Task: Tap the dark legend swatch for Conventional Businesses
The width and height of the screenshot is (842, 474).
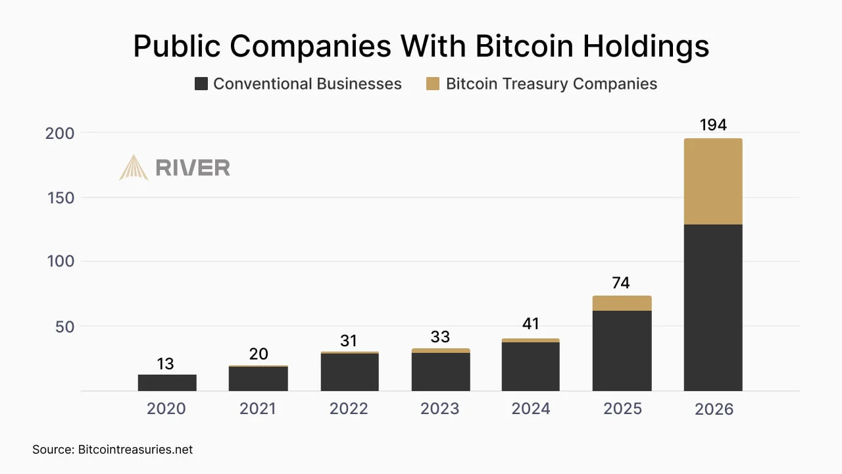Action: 201,84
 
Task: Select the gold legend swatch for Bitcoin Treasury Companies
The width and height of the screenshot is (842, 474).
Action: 432,84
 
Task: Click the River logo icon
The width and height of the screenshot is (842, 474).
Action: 134,167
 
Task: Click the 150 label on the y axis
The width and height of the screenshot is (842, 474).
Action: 61,197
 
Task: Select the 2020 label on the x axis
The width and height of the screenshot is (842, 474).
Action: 166,409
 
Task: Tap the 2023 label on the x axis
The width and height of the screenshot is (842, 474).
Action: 439,409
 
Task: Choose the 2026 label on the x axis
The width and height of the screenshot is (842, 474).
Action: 714,409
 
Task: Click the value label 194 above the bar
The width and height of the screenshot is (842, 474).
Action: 713,124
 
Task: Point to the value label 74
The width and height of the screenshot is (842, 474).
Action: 621,283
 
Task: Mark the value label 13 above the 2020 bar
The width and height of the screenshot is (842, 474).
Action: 166,363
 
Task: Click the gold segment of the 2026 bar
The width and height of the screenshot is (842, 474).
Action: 713,181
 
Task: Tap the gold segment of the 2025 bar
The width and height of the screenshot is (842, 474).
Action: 622,303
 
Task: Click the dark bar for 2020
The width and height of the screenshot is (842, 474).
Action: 167,382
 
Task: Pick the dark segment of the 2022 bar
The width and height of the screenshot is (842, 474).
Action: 349,372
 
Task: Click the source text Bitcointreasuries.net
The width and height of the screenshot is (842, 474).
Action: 136,450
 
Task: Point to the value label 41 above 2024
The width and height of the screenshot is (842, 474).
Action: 530,324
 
